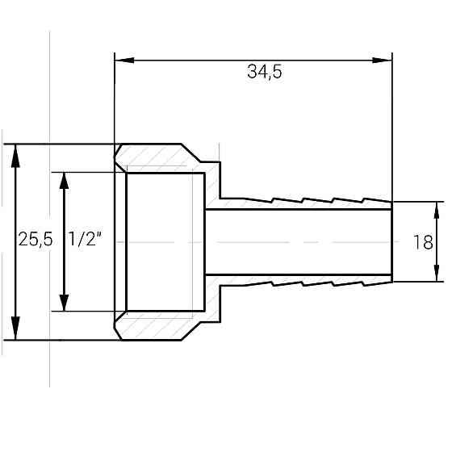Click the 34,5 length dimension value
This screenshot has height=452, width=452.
pos(265,71)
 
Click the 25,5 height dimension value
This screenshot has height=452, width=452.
pos(36,240)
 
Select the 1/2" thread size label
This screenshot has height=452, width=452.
pos(85,240)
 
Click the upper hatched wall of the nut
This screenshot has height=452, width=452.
pos(161,157)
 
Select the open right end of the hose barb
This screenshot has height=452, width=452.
pos(391,241)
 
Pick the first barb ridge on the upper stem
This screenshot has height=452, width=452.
pos(276,197)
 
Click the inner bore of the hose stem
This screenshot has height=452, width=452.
pos(299,241)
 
